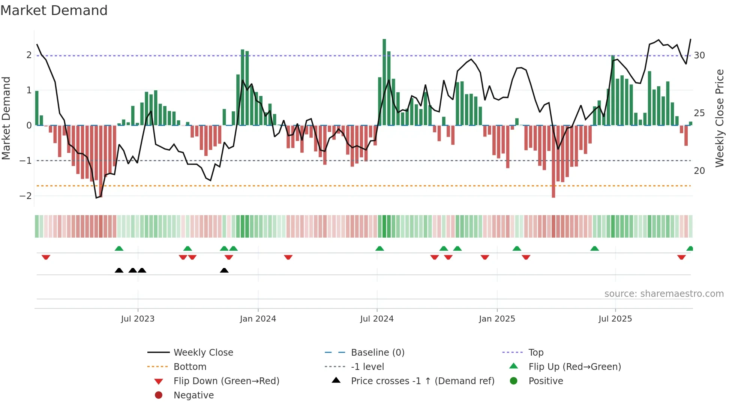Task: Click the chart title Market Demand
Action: pyautogui.click(x=54, y=10)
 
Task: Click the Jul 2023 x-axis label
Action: pyautogui.click(x=138, y=319)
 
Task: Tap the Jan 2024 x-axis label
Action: pyautogui.click(x=258, y=319)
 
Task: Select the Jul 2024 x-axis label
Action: pyautogui.click(x=377, y=319)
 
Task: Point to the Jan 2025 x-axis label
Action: pyautogui.click(x=497, y=319)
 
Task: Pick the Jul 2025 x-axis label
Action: pyautogui.click(x=615, y=319)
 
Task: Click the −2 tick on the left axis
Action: pyautogui.click(x=26, y=196)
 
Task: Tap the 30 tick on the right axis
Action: pyautogui.click(x=699, y=55)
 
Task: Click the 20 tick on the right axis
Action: pyautogui.click(x=699, y=171)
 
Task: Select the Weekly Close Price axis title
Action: pyautogui.click(x=719, y=118)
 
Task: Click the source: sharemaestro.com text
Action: pyautogui.click(x=664, y=294)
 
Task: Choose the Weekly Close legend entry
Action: pyautogui.click(x=203, y=353)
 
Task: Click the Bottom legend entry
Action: pyautogui.click(x=190, y=367)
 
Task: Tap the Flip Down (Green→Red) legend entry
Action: pyautogui.click(x=226, y=381)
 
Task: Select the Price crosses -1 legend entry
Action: pyautogui.click(x=422, y=381)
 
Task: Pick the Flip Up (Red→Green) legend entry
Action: pyautogui.click(x=574, y=367)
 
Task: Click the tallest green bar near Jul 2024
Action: pyautogui.click(x=384, y=82)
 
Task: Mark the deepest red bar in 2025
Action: pyautogui.click(x=553, y=161)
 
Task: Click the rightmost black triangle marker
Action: pyautogui.click(x=224, y=271)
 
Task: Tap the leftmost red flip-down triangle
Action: pyautogui.click(x=46, y=257)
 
